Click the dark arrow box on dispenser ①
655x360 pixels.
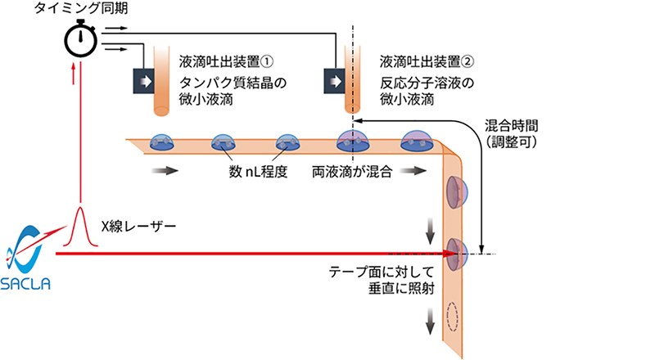click(x=147, y=82)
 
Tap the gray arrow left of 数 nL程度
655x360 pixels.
click(x=163, y=173)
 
